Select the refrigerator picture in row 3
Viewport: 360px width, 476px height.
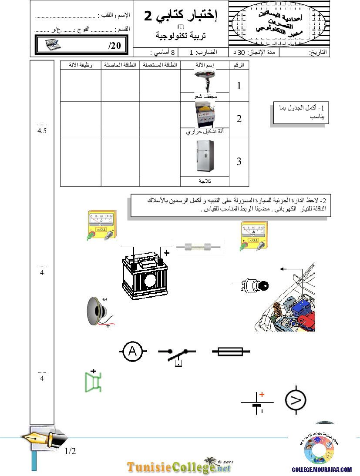pyautogui.click(x=205, y=157)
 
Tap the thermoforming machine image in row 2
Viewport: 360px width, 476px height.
pyautogui.click(x=205, y=115)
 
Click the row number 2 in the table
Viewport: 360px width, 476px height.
pyautogui.click(x=239, y=119)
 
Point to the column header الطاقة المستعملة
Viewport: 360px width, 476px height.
pyautogui.click(x=159, y=65)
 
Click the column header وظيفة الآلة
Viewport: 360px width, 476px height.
pyautogui.click(x=77, y=65)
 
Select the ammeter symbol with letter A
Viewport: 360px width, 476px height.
pyautogui.click(x=132, y=352)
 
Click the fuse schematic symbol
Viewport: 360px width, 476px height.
pyautogui.click(x=231, y=352)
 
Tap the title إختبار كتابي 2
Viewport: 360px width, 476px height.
pyautogui.click(x=180, y=16)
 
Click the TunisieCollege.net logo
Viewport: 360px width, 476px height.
pyautogui.click(x=179, y=467)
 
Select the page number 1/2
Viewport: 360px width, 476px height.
pyautogui.click(x=71, y=451)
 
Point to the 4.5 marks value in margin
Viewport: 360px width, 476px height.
pyautogui.click(x=42, y=131)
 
